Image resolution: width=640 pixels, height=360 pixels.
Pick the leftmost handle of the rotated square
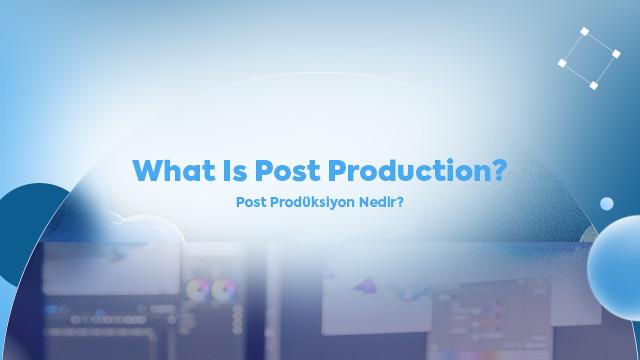[562, 62]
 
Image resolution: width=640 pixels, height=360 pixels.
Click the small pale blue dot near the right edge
[606, 204]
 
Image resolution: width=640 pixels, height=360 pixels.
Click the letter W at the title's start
[150, 170]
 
